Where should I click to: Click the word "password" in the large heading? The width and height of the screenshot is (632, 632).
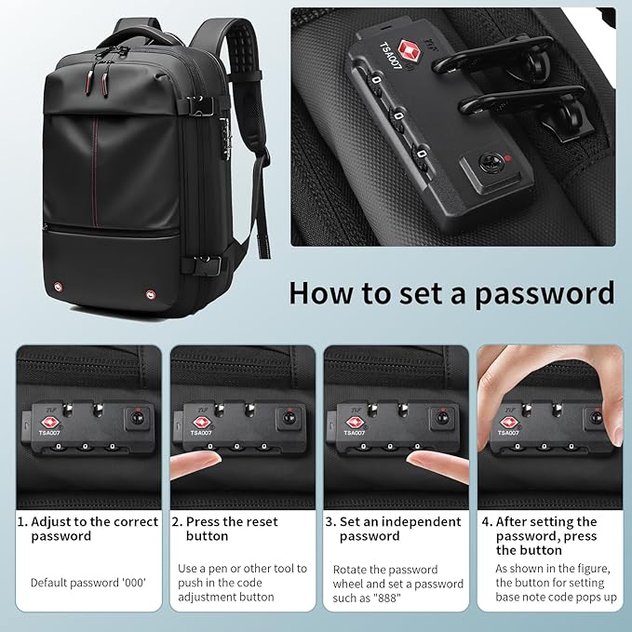click(x=544, y=293)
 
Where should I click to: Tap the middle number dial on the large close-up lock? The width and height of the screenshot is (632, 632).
click(x=398, y=116)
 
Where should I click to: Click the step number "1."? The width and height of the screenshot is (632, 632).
click(x=22, y=522)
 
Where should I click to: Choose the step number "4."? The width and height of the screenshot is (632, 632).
click(x=486, y=522)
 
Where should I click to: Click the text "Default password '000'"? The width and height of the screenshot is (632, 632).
click(x=88, y=583)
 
